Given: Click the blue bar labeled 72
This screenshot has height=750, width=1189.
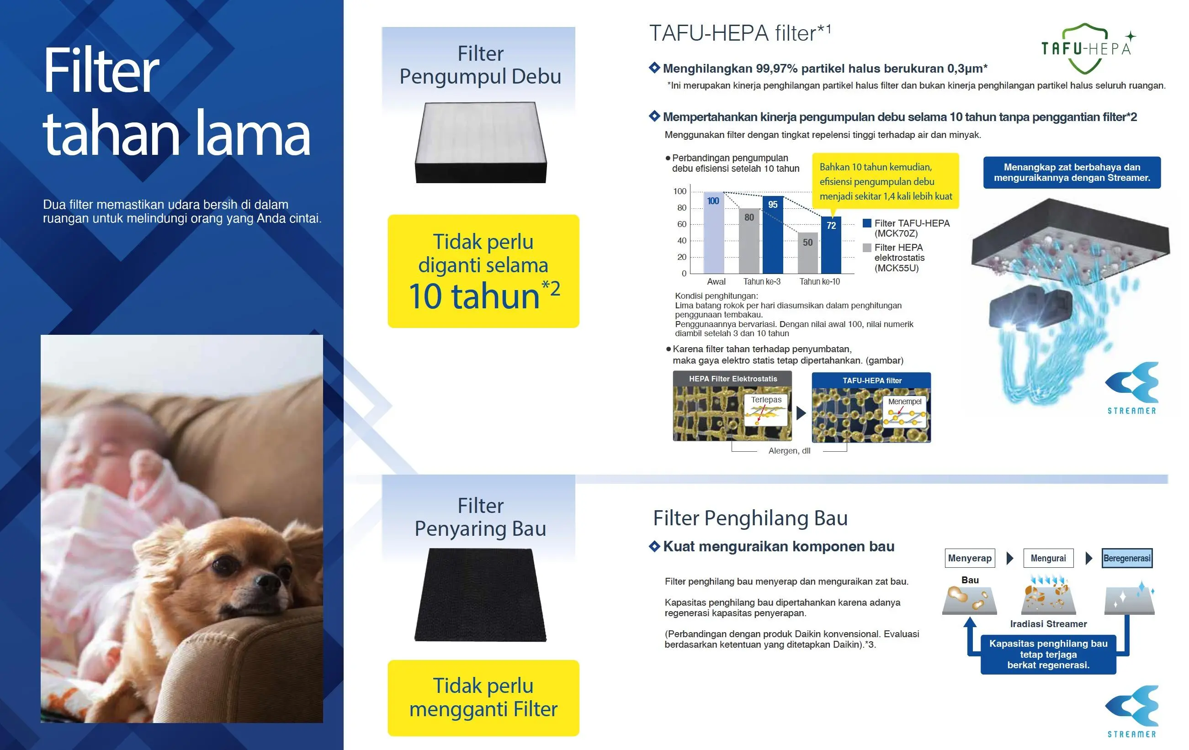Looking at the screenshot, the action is (831, 245).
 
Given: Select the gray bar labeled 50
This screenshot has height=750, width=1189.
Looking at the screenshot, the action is (808, 253).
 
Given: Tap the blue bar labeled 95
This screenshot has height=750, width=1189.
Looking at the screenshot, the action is (773, 235).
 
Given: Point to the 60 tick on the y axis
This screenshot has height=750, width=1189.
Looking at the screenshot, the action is (681, 224).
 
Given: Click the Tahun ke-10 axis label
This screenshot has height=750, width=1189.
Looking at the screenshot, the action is (820, 282).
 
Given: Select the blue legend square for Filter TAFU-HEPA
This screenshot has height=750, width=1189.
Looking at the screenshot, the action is (866, 223).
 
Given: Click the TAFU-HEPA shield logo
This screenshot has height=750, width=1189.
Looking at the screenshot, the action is (1086, 48).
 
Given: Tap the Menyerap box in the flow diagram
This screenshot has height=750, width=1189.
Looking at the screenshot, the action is (970, 558).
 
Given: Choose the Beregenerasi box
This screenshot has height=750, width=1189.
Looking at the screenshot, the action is (1127, 558).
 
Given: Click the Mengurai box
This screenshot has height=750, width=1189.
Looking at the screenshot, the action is (1048, 558).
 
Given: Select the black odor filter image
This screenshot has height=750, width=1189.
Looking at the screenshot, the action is (480, 595).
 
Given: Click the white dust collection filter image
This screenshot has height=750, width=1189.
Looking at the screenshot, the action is (480, 143).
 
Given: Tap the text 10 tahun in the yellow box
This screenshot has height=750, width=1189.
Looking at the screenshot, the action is (474, 296).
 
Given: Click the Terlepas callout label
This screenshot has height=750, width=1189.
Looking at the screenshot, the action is (766, 400).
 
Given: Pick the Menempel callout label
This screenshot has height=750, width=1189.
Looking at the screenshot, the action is (905, 401).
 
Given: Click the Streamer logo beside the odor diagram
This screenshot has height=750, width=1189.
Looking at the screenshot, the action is (1132, 712).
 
